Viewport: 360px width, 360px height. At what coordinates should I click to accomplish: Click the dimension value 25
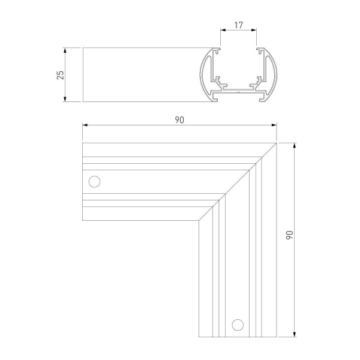click(60, 75)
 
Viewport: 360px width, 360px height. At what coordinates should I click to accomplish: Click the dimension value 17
click(238, 25)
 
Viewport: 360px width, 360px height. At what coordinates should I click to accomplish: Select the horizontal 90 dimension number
click(179, 119)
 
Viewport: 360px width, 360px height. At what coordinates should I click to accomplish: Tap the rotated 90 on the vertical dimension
click(289, 236)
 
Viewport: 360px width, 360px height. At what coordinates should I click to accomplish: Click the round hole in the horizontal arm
click(94, 181)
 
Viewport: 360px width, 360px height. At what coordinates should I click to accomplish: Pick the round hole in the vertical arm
click(238, 325)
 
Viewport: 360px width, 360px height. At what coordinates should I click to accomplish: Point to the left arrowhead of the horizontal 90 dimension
click(85, 125)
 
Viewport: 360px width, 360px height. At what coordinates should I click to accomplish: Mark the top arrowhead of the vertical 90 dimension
click(295, 146)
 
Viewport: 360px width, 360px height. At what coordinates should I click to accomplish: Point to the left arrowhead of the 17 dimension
click(223, 31)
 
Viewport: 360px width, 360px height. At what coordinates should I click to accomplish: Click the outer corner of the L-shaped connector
click(276, 143)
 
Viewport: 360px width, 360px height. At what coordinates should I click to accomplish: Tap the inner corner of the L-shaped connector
click(199, 221)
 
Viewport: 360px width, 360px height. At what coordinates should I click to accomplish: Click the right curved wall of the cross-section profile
click(275, 75)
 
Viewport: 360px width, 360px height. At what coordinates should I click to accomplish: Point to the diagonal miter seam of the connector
click(238, 182)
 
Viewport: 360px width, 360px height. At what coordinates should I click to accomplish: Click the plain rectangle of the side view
click(141, 75)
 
